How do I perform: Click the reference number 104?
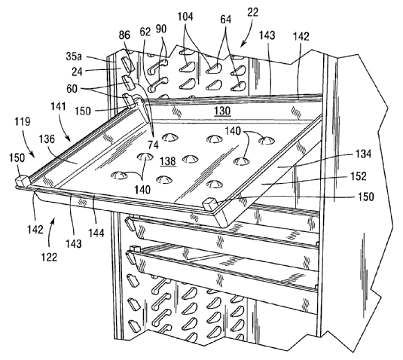click(185, 17)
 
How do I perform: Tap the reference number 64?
click(226, 20)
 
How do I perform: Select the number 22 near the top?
click(252, 12)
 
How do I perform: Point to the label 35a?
click(74, 56)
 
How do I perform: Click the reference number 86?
click(124, 35)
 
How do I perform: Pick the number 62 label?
click(145, 32)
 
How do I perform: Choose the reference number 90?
click(161, 29)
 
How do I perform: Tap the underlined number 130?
click(222, 111)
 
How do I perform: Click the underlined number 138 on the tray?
click(168, 161)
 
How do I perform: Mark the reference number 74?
click(154, 145)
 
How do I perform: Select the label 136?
click(47, 139)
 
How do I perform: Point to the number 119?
click(23, 121)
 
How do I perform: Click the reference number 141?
click(59, 106)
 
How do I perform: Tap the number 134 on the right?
click(363, 154)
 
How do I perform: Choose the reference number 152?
click(359, 176)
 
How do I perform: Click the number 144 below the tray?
click(96, 233)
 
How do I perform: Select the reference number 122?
click(50, 257)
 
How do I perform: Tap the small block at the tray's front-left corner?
click(23, 181)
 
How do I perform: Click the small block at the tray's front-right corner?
click(211, 204)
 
